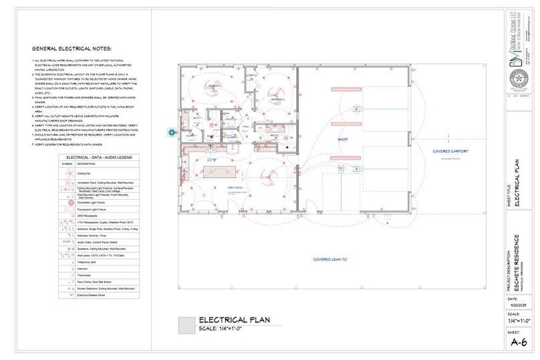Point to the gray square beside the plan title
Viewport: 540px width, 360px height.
point(186,325)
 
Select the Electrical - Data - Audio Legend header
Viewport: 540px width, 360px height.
point(99,156)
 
